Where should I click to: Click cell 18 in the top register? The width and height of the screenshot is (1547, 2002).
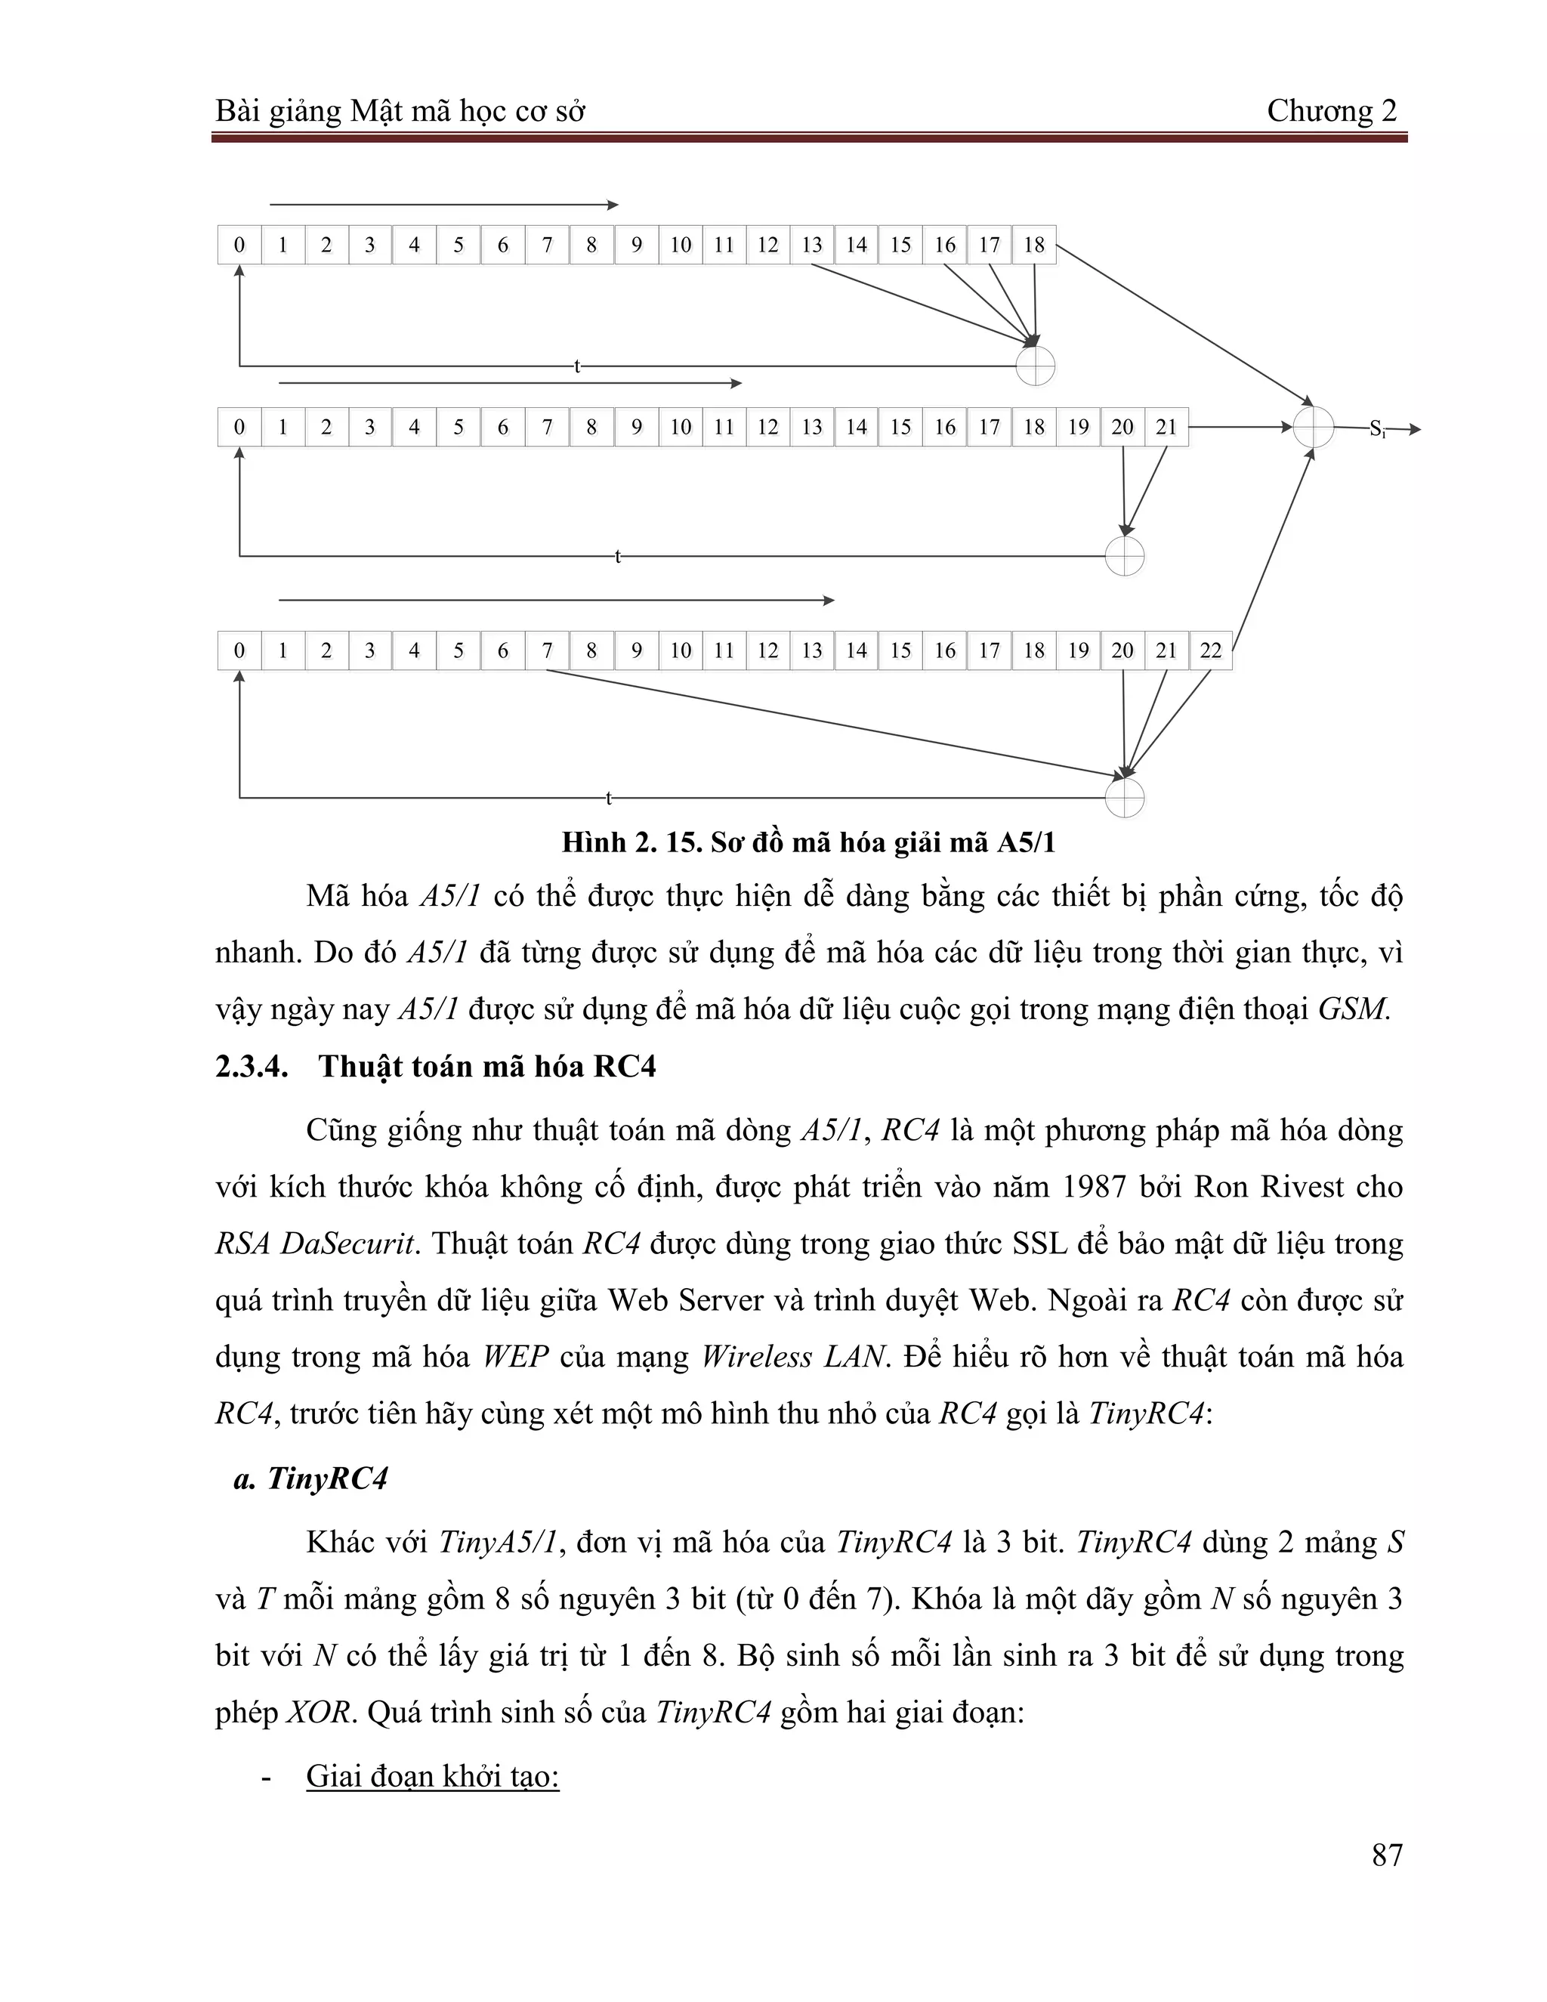click(1034, 245)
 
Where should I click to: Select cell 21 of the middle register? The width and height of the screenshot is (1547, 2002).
click(1166, 427)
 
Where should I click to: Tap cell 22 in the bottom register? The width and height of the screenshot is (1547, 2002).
click(1211, 650)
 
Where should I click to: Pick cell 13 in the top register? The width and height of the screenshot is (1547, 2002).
click(812, 245)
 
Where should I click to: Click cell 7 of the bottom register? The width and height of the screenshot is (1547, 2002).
click(547, 650)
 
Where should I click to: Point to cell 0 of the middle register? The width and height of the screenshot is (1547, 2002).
click(239, 427)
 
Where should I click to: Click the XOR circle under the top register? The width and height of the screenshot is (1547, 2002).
click(1036, 366)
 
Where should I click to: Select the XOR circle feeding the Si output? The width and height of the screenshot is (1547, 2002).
click(1314, 427)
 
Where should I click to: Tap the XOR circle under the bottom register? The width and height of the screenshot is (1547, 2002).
click(1125, 799)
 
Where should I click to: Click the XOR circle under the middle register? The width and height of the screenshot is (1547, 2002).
click(1125, 555)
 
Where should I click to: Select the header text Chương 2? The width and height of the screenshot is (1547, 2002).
click(1332, 111)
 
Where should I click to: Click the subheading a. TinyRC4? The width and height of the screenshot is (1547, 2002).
click(312, 1478)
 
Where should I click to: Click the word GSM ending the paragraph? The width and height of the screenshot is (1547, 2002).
click(1353, 1009)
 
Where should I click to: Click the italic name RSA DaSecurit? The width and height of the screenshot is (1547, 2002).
click(317, 1244)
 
